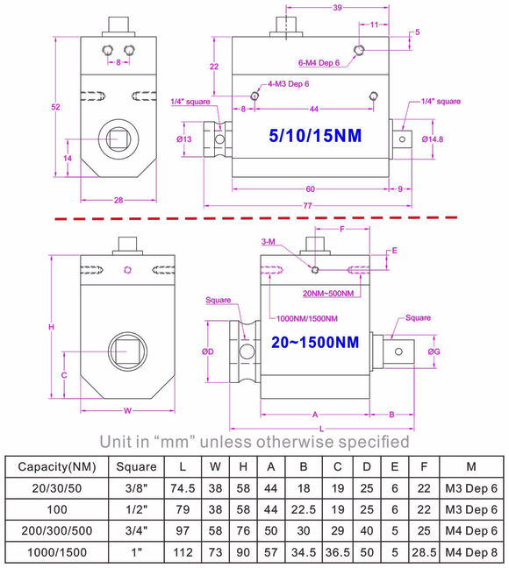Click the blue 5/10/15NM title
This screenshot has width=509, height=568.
(x=315, y=136)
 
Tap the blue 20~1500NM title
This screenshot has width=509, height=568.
(x=315, y=343)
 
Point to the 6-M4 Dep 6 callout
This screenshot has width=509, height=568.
(x=319, y=62)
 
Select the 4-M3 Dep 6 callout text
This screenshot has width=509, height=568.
(x=289, y=84)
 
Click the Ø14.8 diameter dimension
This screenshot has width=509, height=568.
(x=433, y=139)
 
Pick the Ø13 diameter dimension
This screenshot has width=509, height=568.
(x=184, y=139)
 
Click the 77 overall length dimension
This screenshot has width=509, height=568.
(x=308, y=206)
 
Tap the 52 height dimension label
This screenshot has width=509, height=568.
(x=55, y=107)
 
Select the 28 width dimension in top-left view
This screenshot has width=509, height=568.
(x=118, y=200)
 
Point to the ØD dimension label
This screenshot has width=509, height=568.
(x=208, y=351)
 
